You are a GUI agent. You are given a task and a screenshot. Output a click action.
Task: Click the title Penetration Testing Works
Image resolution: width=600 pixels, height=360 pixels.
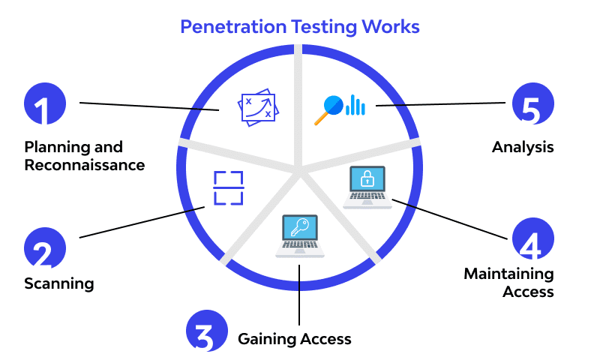pos(300,27)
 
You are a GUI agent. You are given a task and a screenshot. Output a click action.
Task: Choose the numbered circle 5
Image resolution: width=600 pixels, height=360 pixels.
pos(532,103)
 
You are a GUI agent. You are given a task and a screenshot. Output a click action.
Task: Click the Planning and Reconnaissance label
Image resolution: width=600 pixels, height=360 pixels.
pos(84,155)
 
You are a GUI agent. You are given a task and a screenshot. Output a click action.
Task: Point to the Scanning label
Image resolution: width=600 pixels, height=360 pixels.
pos(58,283)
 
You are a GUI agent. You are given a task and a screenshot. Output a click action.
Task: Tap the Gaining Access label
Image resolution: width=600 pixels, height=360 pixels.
pos(294,339)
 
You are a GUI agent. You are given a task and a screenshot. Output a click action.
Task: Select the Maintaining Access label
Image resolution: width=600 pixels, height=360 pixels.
pos(508,282)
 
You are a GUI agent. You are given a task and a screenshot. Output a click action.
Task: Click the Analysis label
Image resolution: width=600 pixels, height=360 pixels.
pos(523,147)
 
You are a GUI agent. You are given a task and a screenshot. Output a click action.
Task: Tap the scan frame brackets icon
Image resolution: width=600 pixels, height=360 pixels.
pos(229,187)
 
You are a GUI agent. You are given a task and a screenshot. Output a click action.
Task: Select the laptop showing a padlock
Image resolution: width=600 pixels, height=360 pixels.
pos(367,187)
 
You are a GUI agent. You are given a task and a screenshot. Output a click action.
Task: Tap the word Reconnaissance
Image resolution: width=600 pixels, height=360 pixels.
pos(84,165)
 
